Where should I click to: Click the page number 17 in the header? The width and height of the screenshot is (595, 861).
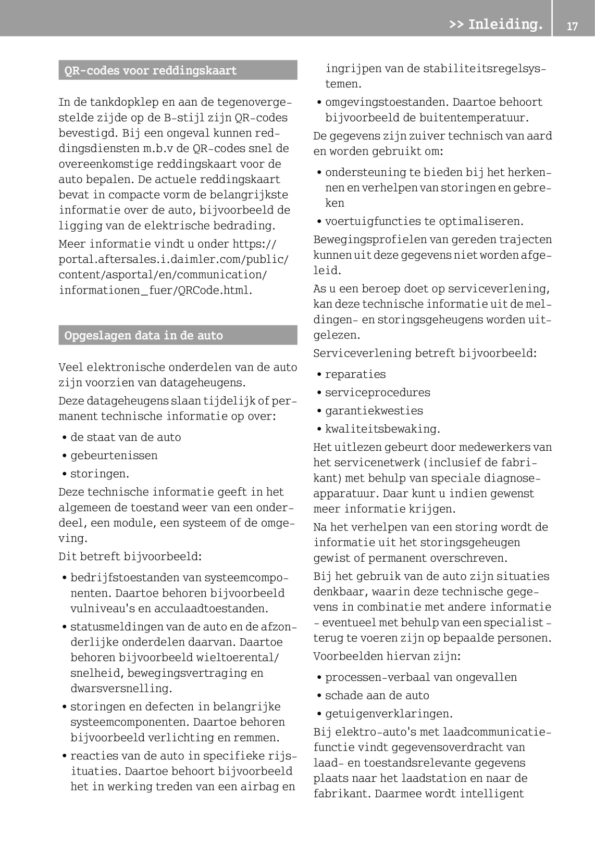point(572,26)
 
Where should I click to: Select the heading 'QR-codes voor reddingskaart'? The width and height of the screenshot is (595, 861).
point(151,70)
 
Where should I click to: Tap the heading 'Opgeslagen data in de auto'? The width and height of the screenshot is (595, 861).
point(143,335)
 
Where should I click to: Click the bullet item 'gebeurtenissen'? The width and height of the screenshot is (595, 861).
point(114,455)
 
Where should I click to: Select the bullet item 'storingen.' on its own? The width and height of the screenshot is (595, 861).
point(100,474)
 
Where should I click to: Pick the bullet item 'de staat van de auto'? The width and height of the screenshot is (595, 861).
point(126,437)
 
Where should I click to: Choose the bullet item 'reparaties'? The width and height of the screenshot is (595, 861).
point(355,374)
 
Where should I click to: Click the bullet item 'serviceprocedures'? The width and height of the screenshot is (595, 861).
point(378,392)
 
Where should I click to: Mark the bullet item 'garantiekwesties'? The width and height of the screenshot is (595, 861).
point(374,411)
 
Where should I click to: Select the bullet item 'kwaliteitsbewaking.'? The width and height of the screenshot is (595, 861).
point(382,429)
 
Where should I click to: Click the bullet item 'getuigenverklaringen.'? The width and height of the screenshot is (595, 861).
point(389,714)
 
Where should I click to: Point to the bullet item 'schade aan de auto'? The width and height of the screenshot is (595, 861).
point(377,695)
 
